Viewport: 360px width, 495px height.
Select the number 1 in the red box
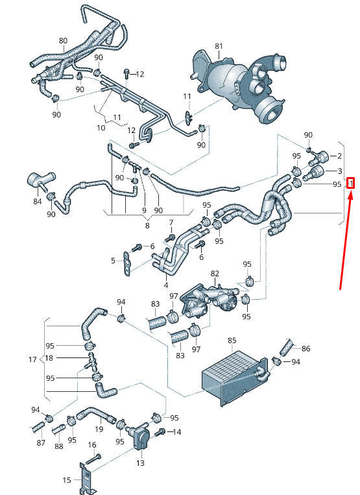click(350, 184)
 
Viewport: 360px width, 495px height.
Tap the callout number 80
click(63, 41)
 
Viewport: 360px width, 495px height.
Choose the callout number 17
click(33, 359)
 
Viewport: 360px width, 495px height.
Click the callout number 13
click(141, 463)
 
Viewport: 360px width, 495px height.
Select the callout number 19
click(99, 429)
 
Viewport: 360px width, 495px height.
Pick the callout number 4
click(166, 284)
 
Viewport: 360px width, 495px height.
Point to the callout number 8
click(147, 226)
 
